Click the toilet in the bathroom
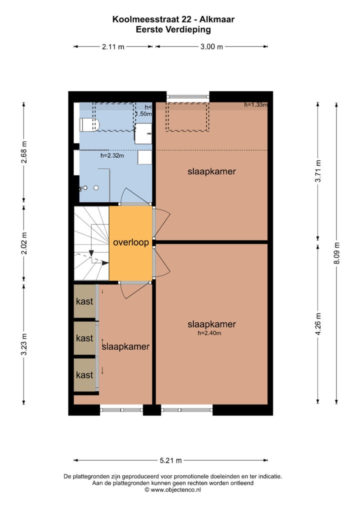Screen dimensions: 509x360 (x=90, y=124)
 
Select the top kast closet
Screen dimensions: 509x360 (x=84, y=301)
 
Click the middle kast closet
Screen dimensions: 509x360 (x=84, y=338)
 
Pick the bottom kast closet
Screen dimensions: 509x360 (x=84, y=374)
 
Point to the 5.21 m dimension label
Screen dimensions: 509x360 (x=171, y=460)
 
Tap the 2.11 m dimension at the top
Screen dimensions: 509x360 (x=113, y=47)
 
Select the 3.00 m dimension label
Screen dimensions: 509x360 (x=211, y=47)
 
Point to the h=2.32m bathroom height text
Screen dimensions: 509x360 (x=112, y=155)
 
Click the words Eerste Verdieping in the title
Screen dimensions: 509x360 (x=173, y=29)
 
